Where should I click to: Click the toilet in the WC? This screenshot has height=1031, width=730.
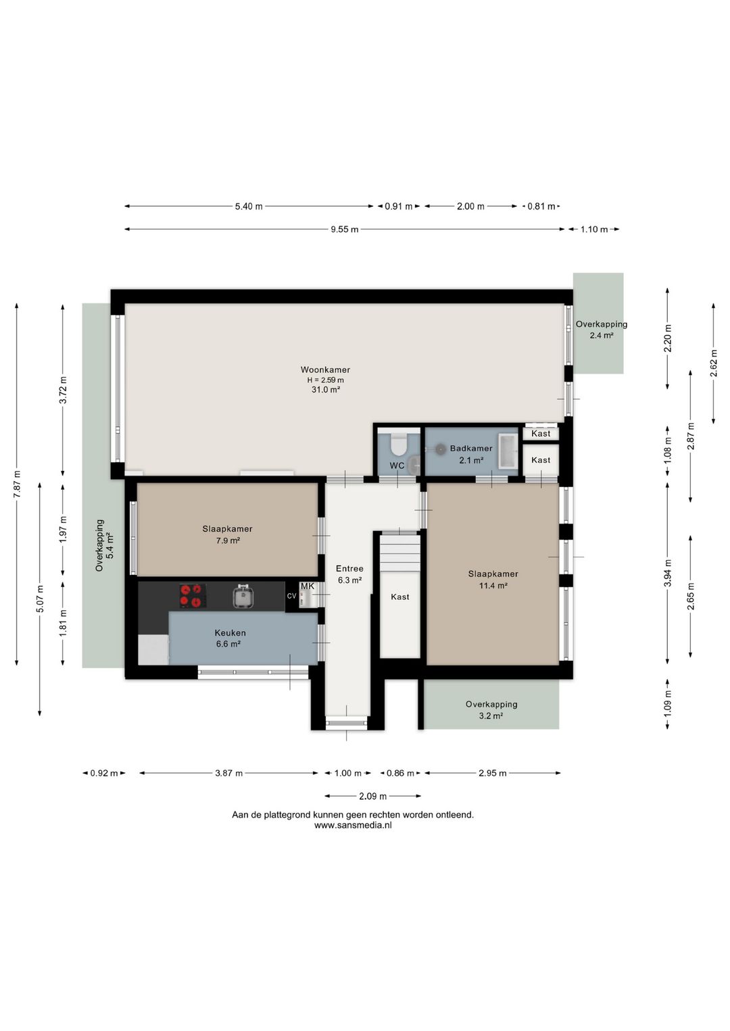pos(397,443)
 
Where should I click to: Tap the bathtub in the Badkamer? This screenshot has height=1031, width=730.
pos(509,451)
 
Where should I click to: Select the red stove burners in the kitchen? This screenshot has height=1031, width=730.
pos(193,596)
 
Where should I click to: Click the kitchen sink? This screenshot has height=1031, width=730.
pos(242,596)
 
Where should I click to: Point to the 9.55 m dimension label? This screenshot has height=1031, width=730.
pos(345,229)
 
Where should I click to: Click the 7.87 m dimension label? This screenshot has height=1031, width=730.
pos(17,483)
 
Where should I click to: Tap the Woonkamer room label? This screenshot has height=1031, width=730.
pos(325,370)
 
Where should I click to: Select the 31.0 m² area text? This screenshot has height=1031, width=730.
pos(326,390)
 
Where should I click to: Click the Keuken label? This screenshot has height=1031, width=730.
pos(230,633)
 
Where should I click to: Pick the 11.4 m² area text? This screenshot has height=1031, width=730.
pos(493,586)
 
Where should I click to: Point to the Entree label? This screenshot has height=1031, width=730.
pos(349,568)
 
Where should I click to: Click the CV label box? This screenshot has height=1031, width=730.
pos(291,596)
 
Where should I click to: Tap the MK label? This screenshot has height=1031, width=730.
pos(307,586)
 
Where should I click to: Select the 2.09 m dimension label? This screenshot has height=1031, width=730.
pos(372,796)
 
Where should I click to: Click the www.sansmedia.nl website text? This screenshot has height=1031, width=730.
pos(353,825)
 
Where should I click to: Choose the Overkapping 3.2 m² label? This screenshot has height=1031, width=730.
pos(491,709)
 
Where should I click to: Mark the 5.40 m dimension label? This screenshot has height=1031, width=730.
pos(249,206)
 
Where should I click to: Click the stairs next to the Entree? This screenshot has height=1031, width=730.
pos(399,553)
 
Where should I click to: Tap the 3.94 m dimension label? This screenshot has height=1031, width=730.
pos(668,572)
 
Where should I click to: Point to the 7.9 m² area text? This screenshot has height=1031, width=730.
pos(228,540)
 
